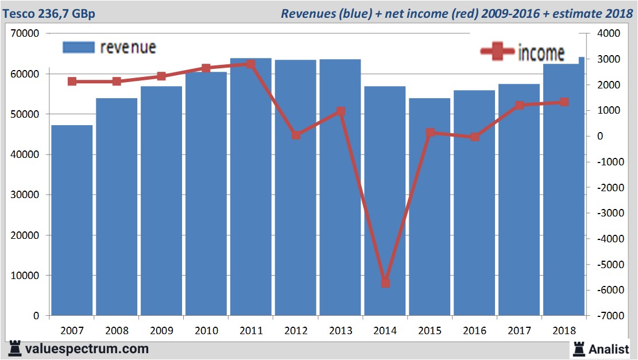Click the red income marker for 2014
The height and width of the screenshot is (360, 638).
coord(385,282)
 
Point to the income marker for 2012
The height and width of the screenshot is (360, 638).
coord(296,135)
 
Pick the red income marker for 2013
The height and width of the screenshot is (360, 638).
coord(341,111)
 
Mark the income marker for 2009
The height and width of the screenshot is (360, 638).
coord(161,76)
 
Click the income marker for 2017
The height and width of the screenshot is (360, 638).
coord(520,105)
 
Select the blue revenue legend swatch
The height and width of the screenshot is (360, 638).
coord(78,47)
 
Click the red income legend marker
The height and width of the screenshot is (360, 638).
coord(497,52)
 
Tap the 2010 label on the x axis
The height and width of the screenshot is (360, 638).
coord(206,331)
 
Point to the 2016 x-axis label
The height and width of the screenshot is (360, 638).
coord(474,331)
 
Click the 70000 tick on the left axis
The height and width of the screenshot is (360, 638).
coord(25,34)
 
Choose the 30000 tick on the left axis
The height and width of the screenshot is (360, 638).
coord(25,195)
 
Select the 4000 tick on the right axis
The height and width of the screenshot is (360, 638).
coord(610,34)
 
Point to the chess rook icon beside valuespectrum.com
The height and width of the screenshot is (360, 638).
coord(15,349)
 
